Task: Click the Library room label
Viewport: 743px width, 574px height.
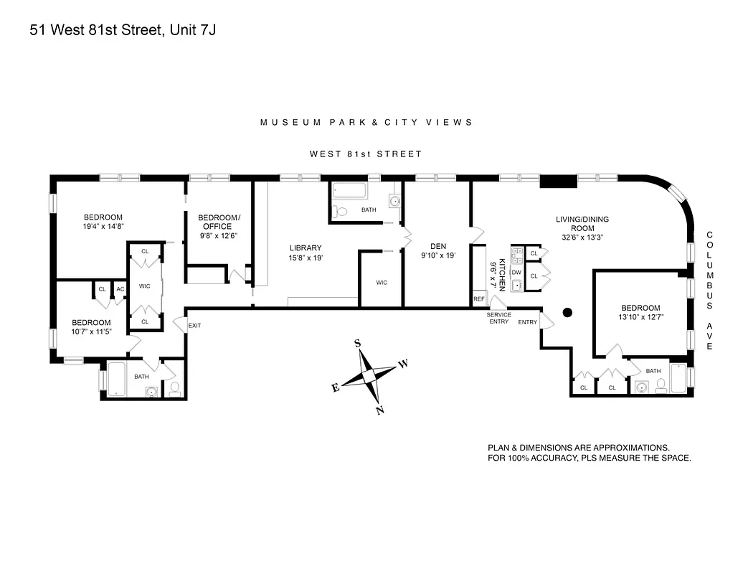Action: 306,248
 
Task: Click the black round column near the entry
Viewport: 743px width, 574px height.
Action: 568,312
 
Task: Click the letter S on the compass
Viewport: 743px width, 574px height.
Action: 357,344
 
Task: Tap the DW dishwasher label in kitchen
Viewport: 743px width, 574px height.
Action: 516,273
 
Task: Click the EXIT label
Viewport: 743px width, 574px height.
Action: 194,326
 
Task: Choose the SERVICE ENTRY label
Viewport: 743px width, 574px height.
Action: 498,318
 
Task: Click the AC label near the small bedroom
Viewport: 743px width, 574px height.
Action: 120,289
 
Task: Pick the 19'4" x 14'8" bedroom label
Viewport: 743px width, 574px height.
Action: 103,221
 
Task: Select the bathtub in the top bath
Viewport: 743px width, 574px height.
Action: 349,192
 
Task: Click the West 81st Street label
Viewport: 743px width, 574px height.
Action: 366,154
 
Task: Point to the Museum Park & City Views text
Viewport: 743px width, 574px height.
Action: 366,122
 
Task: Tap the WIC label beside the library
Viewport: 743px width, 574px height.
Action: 382,283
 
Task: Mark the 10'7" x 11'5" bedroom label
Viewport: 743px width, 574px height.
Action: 91,327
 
